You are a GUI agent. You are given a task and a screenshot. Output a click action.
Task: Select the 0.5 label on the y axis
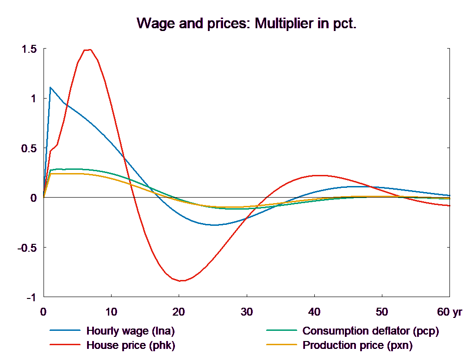tap(29, 149)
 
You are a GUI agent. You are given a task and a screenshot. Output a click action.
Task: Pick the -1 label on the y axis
tap(31, 298)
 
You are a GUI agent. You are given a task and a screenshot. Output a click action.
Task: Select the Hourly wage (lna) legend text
tap(131, 331)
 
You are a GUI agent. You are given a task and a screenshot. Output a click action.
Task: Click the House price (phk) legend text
tap(131, 345)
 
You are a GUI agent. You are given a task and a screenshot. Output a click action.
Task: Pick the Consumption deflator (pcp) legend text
tap(370, 331)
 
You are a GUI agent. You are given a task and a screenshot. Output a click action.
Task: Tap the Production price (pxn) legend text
tap(357, 345)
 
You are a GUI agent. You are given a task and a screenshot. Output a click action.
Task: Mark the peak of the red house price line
tap(88, 50)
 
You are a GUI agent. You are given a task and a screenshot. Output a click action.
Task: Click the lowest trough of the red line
tap(181, 281)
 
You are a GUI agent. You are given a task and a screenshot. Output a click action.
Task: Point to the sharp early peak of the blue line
tap(50, 87)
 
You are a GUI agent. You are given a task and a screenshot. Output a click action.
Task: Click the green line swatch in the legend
tap(281, 331)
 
